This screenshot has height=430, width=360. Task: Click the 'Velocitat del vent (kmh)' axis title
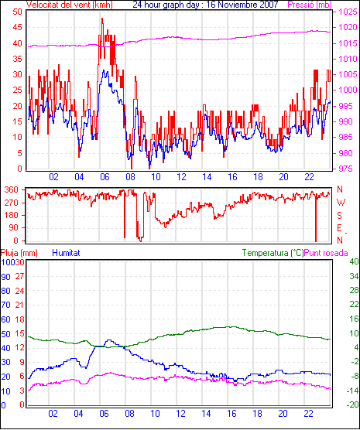(x=70, y=5)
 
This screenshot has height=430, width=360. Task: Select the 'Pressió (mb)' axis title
(x=310, y=5)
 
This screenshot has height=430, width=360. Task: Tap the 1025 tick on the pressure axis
(x=348, y=12)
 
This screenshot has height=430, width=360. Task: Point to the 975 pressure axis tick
(x=347, y=169)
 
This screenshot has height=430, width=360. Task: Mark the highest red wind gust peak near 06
(x=102, y=19)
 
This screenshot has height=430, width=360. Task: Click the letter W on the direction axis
(x=341, y=203)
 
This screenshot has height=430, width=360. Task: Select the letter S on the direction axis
(x=339, y=216)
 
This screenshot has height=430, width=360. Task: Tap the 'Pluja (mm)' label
(x=19, y=253)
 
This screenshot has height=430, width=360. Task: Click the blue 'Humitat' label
(x=66, y=253)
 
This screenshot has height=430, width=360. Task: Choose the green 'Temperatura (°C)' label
(x=273, y=253)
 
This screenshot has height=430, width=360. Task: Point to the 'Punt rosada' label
(x=326, y=253)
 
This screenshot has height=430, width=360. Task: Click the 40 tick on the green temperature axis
(x=355, y=261)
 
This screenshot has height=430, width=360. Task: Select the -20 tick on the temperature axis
(x=352, y=404)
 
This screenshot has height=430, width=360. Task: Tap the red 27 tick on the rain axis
(x=20, y=276)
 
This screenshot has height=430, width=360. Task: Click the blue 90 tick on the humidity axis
(x=5, y=277)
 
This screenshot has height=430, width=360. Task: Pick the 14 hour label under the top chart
(x=207, y=177)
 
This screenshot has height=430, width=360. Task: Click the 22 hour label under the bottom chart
(x=308, y=413)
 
